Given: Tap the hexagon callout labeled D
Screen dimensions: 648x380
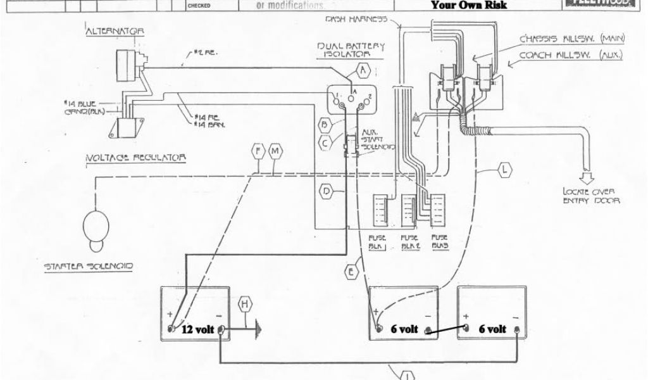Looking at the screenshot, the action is click(x=325, y=191).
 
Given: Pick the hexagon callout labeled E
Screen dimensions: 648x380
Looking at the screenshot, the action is click(x=352, y=272).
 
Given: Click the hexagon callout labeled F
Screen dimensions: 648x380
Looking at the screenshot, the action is click(x=258, y=152).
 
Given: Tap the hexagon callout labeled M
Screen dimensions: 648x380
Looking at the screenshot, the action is click(x=275, y=152).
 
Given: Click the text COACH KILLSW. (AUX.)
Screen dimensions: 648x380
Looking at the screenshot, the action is click(x=571, y=55).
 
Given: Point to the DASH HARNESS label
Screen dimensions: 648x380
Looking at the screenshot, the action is click(x=355, y=20).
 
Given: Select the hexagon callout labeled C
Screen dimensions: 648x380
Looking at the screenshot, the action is click(x=325, y=143).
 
